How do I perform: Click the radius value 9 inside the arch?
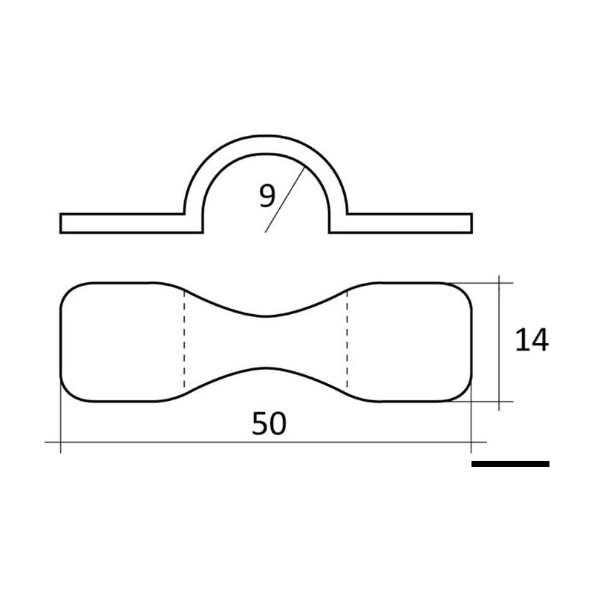tap(267, 196)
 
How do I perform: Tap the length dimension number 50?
tap(269, 424)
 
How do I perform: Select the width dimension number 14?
tap(532, 340)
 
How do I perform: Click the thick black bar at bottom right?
tap(510, 464)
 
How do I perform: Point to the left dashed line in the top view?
tap(183, 342)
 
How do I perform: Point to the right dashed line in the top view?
tap(347, 342)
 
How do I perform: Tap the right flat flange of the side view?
tap(408, 223)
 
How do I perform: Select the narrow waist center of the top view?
tap(266, 342)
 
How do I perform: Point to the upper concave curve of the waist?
tap(266, 315)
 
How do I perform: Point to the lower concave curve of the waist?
tap(266, 368)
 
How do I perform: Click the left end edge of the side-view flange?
tap(61, 223)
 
